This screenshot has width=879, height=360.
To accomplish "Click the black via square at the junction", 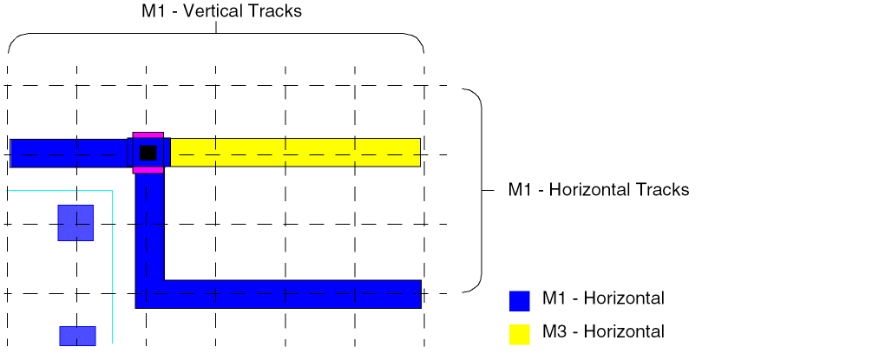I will coord(148,153).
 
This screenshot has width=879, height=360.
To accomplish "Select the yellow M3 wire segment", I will coord(295,153).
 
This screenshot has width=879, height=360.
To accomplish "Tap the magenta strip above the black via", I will coord(148,135).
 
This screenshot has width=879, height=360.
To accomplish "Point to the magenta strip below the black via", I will coord(148,170).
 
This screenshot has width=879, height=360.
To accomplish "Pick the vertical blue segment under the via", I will coord(149,226).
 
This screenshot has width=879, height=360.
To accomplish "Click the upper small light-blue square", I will coord(75,223).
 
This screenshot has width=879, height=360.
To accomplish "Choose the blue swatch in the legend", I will coord(519,300).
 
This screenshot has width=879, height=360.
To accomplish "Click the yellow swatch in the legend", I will coord(519,334).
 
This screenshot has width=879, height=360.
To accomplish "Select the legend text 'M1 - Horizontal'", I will coord(603,298).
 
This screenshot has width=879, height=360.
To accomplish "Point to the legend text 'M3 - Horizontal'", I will coord(603,331).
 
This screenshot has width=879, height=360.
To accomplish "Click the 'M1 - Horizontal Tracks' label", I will coord(598,189).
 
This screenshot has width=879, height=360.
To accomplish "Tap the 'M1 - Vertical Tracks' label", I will coord(221,11).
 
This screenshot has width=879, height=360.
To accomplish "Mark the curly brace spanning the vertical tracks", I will coord(215,35).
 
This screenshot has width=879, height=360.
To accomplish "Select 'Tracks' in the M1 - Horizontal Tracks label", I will coord(662,189).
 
